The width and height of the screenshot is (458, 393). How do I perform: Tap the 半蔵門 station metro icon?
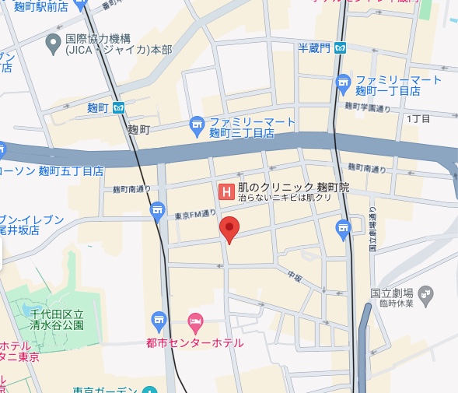tap(341, 48)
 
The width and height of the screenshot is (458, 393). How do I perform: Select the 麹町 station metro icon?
tap(119, 107)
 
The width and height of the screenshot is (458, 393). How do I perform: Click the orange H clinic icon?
tap(226, 190)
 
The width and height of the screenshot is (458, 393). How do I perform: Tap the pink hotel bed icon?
tap(196, 321)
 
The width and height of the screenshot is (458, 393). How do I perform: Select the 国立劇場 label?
tap(390, 293)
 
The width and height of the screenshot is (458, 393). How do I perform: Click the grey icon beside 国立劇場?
tap(425, 293)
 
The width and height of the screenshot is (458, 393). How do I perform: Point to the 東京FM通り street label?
tap(194, 215)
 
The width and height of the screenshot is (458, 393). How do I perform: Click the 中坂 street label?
tap(293, 275)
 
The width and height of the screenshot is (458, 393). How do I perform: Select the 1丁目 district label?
tap(418, 118)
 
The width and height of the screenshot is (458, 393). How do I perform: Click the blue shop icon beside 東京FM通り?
tap(158, 209)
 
